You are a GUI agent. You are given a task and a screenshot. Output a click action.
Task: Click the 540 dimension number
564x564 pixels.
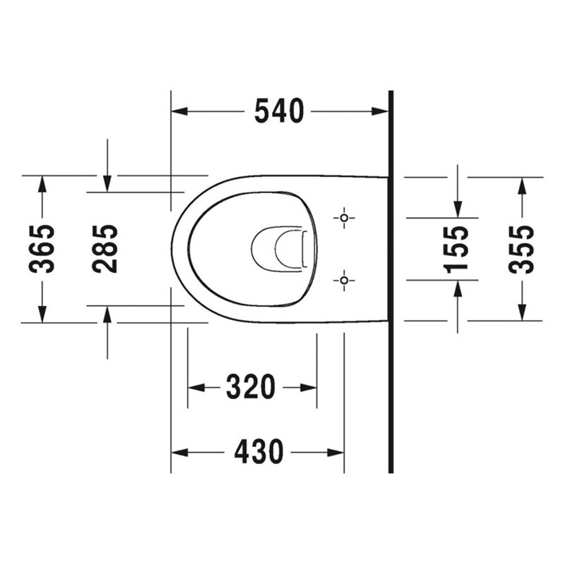click(x=279, y=111)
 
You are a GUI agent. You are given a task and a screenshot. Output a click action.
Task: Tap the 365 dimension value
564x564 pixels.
click(x=42, y=249)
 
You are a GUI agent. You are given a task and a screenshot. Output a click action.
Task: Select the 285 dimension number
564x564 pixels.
click(x=104, y=249)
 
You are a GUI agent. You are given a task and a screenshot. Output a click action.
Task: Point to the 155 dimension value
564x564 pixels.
click(x=456, y=250)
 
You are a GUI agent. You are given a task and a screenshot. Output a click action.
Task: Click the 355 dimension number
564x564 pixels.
click(x=521, y=250)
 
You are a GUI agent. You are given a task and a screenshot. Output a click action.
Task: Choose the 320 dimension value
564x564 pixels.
click(x=251, y=387)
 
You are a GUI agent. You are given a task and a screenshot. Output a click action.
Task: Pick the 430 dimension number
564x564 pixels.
click(x=259, y=452)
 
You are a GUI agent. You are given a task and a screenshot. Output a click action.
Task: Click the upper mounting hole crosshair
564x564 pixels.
click(x=344, y=218)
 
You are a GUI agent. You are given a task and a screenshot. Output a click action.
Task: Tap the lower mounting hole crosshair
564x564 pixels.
click(x=344, y=280)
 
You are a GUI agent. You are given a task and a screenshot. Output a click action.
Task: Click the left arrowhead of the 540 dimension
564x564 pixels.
click(x=179, y=111)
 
